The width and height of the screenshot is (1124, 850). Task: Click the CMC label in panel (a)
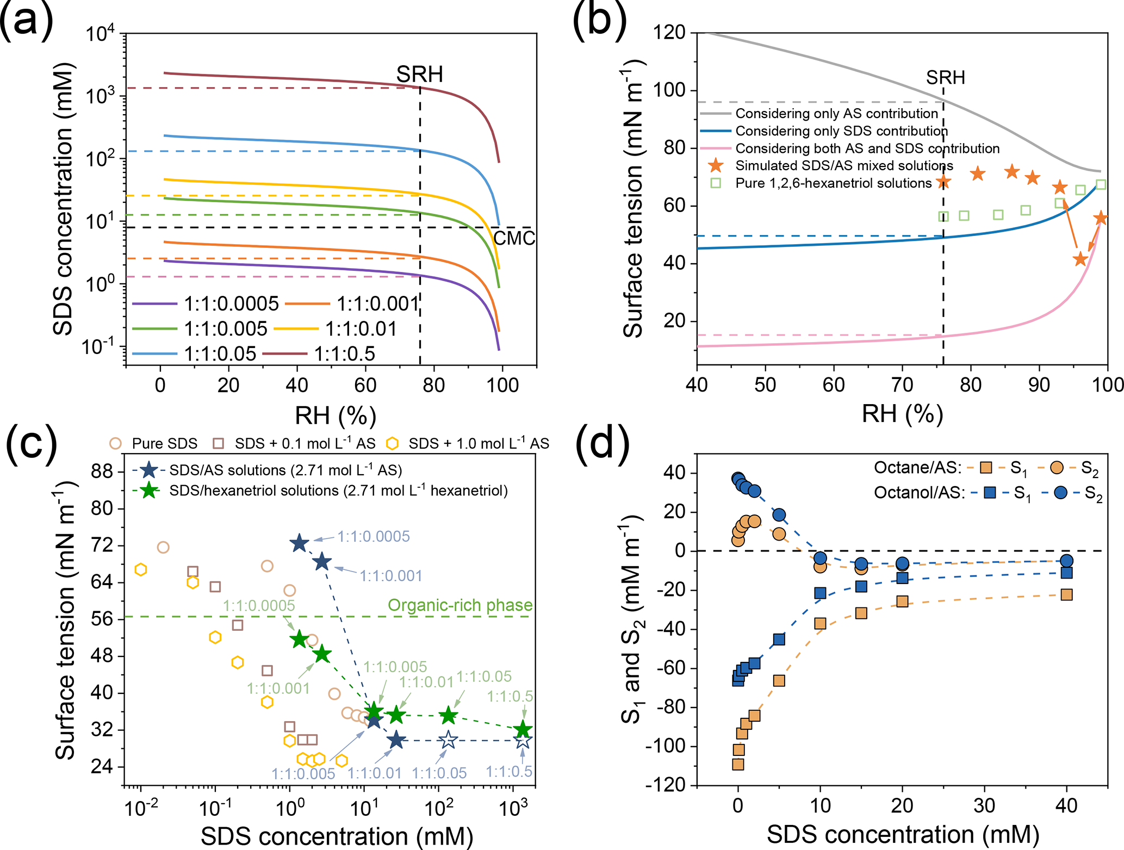coord(514,238)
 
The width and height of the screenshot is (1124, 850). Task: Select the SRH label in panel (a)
coord(419,75)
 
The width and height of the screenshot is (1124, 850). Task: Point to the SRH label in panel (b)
coord(946,78)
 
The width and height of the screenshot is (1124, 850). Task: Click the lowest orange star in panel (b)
coord(1080,259)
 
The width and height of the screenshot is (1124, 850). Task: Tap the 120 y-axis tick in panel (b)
coord(669,33)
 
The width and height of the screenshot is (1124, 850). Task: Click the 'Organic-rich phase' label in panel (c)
coord(460,605)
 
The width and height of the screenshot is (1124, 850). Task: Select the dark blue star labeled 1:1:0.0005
coord(299,543)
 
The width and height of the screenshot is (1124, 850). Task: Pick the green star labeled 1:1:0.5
coord(523,730)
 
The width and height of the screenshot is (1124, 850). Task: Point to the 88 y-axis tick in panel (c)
coord(102,471)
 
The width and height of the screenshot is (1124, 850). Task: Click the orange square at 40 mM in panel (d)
coord(1066,594)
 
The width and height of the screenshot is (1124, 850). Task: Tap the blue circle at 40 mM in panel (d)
coord(1066,561)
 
